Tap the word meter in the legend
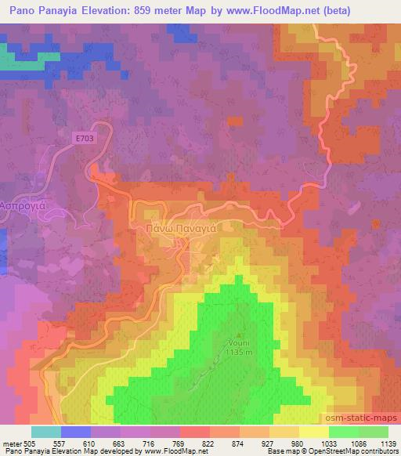[x=10, y=443]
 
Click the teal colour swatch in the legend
[x=46, y=432]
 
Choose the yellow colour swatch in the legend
[x=314, y=432]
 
